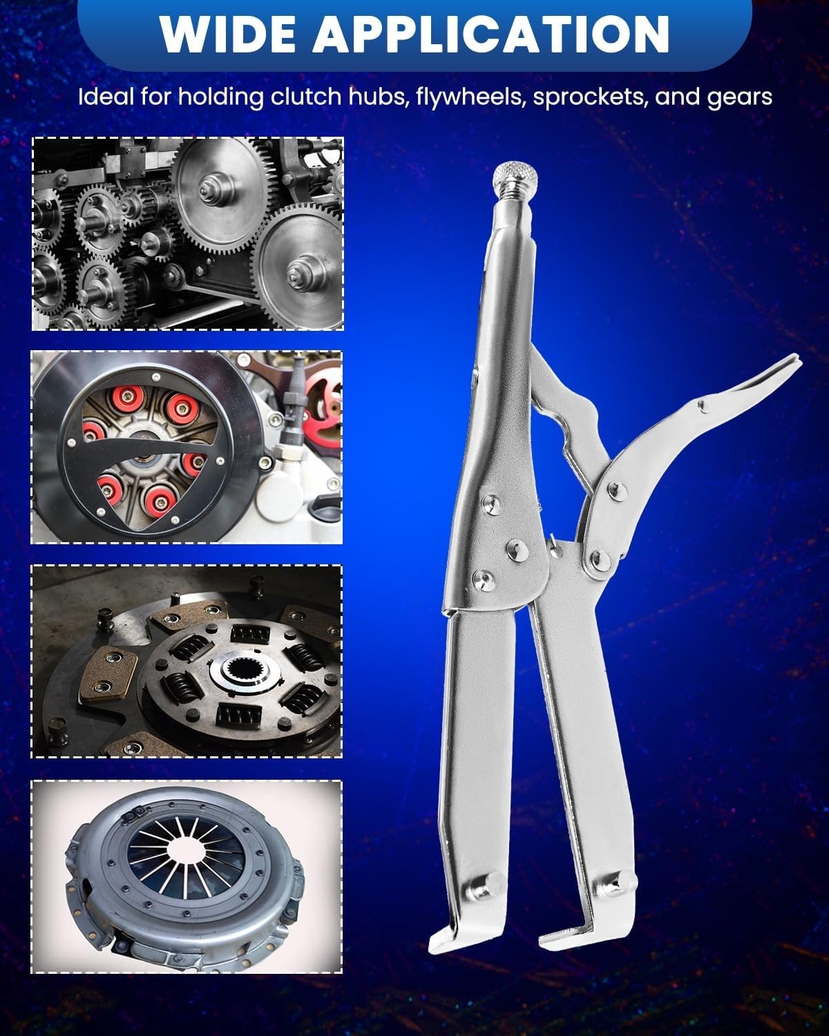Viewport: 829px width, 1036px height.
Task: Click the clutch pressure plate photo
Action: (x=187, y=876)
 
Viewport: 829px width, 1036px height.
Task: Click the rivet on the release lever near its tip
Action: (x=703, y=405)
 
